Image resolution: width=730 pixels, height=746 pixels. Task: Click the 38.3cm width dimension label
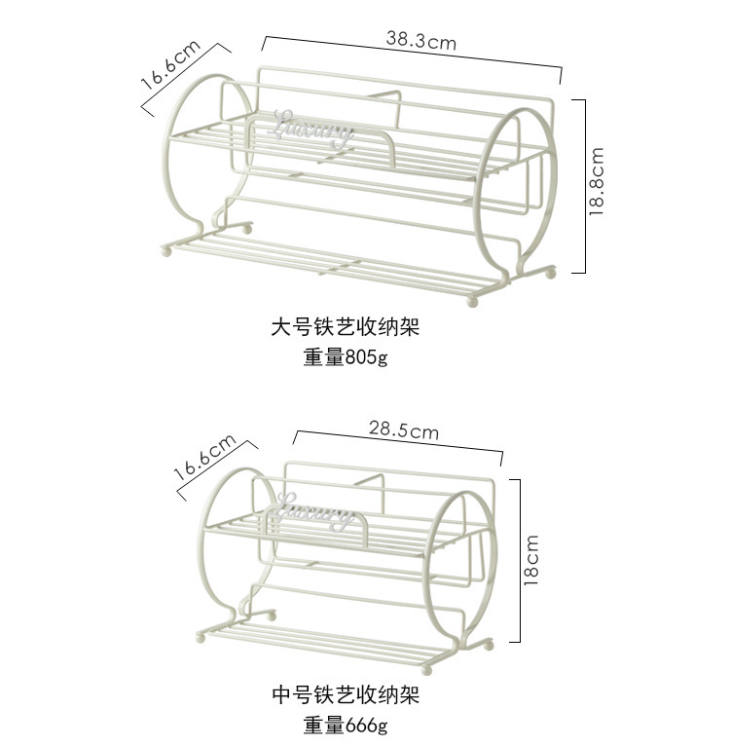click(420, 41)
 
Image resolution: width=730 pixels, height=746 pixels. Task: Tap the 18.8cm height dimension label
click(597, 181)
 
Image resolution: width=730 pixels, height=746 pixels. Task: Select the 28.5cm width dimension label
click(403, 429)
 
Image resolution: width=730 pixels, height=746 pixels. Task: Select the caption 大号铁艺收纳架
click(345, 326)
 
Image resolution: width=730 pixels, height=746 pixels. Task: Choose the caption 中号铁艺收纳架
click(345, 695)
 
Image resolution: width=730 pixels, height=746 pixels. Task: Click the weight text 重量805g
click(345, 357)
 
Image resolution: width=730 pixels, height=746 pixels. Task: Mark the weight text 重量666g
click(345, 726)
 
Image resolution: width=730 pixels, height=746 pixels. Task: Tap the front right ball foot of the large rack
click(476, 297)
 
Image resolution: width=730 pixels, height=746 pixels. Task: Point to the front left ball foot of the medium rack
click(201, 635)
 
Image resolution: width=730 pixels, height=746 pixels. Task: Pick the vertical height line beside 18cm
click(520, 560)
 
